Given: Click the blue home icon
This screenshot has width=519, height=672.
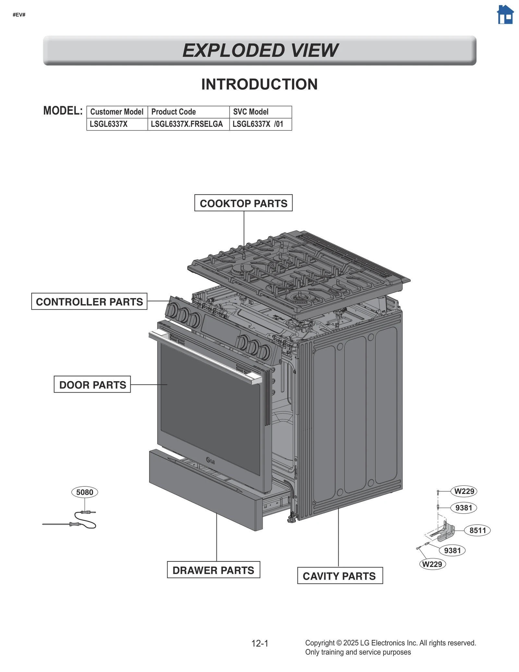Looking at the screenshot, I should pyautogui.click(x=505, y=15).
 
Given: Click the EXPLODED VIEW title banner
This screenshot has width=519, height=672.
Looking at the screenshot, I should pyautogui.click(x=259, y=51).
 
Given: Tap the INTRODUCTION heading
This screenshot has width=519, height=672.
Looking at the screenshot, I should pyautogui.click(x=259, y=84).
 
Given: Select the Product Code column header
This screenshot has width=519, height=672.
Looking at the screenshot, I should pyautogui.click(x=188, y=112).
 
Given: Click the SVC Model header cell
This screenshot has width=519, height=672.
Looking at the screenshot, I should pyautogui.click(x=260, y=112).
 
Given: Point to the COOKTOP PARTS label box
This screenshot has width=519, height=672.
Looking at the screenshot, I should pyautogui.click(x=243, y=203).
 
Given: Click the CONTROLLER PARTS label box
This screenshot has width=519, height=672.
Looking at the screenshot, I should pyautogui.click(x=89, y=301).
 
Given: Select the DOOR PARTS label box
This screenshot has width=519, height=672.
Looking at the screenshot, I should pyautogui.click(x=92, y=385).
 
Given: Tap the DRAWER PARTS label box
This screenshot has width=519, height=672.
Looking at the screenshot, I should pyautogui.click(x=213, y=570).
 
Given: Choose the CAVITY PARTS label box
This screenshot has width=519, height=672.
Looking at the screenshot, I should pyautogui.click(x=340, y=576).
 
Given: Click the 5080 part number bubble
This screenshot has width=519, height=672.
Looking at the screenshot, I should pyautogui.click(x=85, y=492).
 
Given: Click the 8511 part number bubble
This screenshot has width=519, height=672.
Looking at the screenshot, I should pyautogui.click(x=477, y=531).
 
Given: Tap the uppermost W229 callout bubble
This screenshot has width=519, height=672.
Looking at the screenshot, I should pyautogui.click(x=464, y=491).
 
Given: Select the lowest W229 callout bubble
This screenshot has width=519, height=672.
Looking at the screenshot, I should pyautogui.click(x=432, y=564).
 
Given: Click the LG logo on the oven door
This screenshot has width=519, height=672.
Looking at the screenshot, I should pyautogui.click(x=211, y=460).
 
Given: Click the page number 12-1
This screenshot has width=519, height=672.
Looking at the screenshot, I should pyautogui.click(x=260, y=643).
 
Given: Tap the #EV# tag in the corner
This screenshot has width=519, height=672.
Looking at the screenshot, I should pyautogui.click(x=19, y=15).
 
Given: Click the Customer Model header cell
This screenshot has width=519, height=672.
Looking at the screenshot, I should pyautogui.click(x=117, y=112).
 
